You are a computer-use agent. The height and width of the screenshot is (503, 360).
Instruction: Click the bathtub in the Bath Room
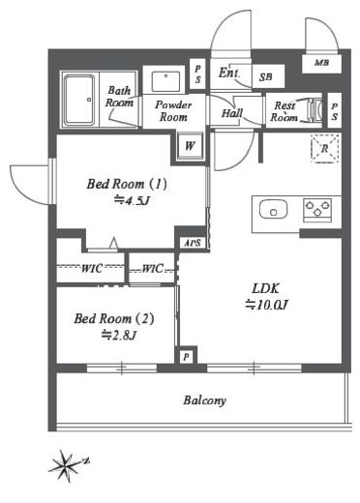(x=80, y=100)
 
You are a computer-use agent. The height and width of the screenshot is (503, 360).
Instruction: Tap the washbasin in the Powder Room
(x=165, y=80)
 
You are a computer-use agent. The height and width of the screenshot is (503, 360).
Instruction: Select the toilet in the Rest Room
(x=315, y=110)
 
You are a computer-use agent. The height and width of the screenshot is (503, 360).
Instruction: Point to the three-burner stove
(x=317, y=210)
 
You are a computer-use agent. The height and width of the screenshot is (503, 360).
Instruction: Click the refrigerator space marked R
(x=325, y=148)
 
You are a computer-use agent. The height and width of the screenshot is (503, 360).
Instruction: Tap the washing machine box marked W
(x=190, y=146)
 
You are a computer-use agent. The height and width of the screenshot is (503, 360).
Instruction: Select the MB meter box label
(x=321, y=63)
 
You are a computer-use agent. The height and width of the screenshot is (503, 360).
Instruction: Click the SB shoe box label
(x=266, y=77)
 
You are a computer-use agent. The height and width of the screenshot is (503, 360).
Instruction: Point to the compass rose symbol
(x=67, y=465)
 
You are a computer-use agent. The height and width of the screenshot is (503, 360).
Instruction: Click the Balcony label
(x=205, y=400)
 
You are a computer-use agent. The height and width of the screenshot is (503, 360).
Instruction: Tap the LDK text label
(x=266, y=288)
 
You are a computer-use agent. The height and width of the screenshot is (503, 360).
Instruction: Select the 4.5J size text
(x=133, y=201)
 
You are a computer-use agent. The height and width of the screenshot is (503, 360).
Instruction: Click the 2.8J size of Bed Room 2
(x=119, y=336)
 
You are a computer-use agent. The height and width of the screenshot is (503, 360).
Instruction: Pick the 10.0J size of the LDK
(x=266, y=305)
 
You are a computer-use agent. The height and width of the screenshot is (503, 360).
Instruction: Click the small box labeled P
(x=186, y=357)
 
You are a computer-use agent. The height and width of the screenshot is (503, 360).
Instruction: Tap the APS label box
(x=193, y=243)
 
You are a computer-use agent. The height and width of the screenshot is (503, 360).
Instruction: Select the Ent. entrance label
(x=229, y=73)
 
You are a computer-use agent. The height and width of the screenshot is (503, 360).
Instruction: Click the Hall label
(x=232, y=113)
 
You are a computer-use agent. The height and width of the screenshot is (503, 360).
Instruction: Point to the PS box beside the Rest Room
(x=335, y=111)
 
